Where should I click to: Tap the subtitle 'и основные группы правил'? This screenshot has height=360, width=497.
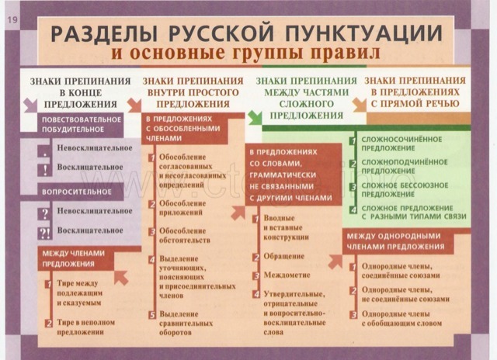tap(246, 55)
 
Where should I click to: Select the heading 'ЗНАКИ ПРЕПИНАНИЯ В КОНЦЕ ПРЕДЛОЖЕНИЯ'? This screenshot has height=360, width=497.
tap(80, 90)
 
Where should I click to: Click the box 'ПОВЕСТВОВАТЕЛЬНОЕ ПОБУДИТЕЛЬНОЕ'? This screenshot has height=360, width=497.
tap(80, 124)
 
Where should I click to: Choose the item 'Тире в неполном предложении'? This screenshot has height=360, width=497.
tap(79, 327)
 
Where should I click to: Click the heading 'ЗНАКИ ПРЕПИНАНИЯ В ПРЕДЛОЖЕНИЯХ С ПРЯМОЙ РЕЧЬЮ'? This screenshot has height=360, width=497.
tap(417, 90)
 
